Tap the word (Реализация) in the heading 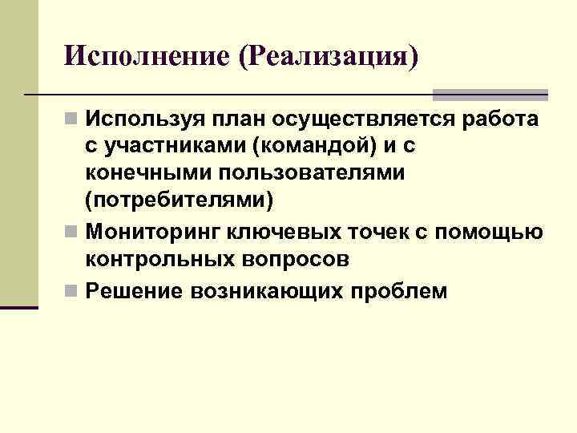click(333, 57)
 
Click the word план click(236, 120)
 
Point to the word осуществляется click(365, 120)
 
